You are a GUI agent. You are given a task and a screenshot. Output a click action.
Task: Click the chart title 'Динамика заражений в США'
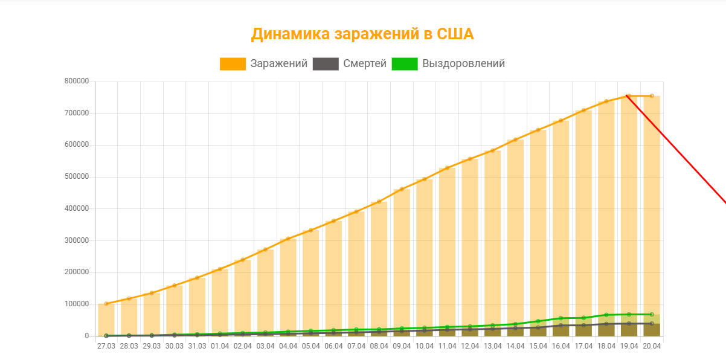click(x=362, y=34)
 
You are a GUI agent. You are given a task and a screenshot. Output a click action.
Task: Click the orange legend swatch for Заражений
click(x=233, y=64)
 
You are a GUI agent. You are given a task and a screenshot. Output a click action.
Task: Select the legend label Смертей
click(x=365, y=63)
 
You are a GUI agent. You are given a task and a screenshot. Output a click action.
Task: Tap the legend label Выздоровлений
click(x=463, y=63)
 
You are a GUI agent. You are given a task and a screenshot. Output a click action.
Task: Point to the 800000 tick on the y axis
click(x=77, y=82)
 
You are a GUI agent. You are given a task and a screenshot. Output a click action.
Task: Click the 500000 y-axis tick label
click(x=77, y=177)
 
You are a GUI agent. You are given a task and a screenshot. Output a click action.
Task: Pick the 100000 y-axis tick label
click(x=77, y=304)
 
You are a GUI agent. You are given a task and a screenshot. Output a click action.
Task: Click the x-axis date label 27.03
click(x=106, y=346)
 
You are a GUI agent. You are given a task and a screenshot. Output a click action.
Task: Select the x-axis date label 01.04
click(x=220, y=346)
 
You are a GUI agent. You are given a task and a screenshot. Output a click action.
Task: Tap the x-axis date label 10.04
click(x=425, y=346)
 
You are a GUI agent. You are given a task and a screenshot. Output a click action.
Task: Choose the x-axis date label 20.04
click(x=652, y=346)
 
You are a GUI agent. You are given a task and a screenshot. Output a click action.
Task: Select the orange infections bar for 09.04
click(x=402, y=260)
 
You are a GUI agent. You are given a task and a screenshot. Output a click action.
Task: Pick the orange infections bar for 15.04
click(x=538, y=230)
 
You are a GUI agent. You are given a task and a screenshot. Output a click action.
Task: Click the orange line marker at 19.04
click(x=629, y=95)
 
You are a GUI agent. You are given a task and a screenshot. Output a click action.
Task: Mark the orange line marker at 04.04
click(x=288, y=239)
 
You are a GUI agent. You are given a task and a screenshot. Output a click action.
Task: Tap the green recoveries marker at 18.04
click(x=606, y=315)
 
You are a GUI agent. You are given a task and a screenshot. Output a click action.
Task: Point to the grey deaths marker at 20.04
click(x=652, y=323)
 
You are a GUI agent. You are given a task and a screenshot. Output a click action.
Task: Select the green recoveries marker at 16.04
click(x=561, y=318)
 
